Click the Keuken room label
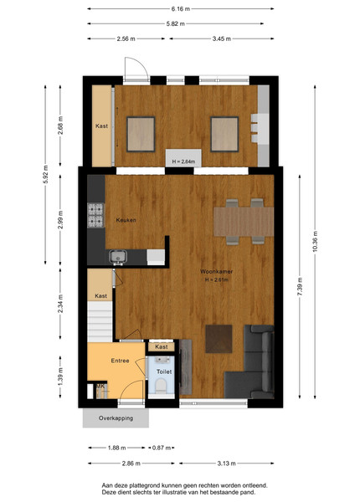126,220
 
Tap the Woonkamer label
217,271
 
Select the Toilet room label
164,371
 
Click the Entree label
120,361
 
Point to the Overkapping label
116,418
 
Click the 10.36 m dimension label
315,242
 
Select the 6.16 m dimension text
181,9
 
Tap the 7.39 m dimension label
300,287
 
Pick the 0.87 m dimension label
162,448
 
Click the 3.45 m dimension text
222,38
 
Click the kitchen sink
118,257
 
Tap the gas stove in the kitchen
95,215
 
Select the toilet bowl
161,386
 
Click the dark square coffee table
219,339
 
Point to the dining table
244,222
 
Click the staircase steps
100,322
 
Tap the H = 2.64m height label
183,161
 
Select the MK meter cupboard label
100,387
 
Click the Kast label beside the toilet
162,346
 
